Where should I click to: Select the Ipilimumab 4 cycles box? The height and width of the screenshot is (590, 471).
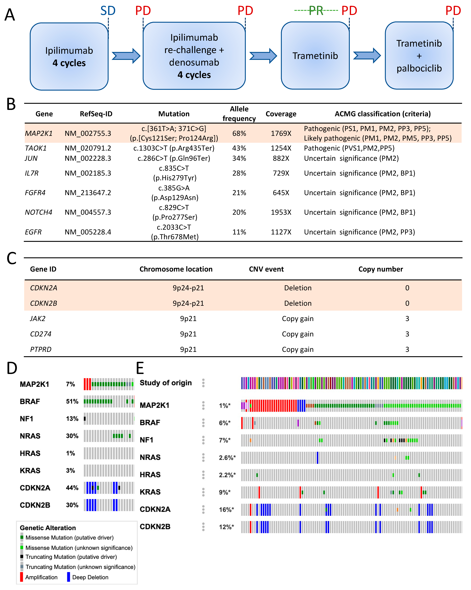pyautogui.click(x=69, y=56)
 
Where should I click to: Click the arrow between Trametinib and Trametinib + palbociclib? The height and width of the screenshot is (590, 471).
pyautogui.click(x=367, y=56)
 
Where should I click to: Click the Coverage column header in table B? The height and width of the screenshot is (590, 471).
pyautogui.click(x=281, y=114)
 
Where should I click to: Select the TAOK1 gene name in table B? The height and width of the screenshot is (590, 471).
pyautogui.click(x=36, y=148)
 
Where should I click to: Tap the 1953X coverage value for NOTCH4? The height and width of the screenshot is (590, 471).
pyautogui.click(x=281, y=212)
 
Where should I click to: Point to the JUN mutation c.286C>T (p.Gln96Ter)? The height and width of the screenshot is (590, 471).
pyautogui.click(x=174, y=158)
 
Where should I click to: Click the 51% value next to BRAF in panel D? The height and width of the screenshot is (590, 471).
pyautogui.click(x=72, y=401)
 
